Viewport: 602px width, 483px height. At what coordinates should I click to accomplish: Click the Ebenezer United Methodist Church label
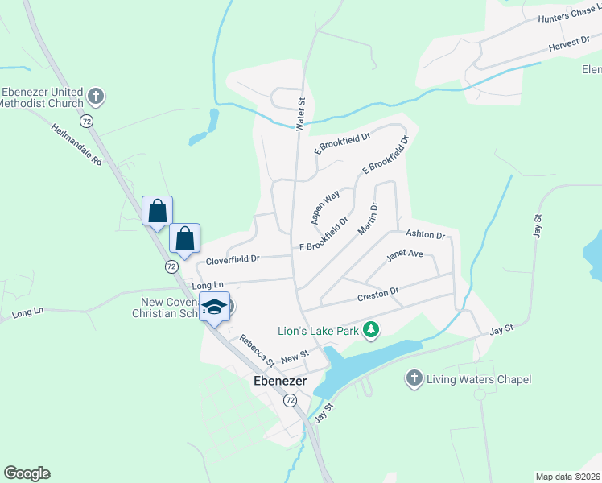point(42,97)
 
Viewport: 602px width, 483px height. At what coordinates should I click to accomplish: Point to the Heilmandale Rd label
point(77,145)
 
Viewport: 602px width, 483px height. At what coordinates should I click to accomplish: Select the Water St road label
point(302,115)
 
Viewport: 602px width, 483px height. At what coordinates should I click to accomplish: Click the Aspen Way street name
point(325,207)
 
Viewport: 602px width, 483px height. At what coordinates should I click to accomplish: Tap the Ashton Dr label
point(425,234)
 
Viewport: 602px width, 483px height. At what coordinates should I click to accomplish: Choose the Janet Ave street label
point(404,254)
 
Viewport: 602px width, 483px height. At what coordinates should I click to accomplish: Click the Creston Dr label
point(378,295)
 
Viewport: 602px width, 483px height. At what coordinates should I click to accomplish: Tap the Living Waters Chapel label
point(479,379)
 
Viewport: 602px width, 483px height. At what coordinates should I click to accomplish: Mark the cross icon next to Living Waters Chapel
point(414,379)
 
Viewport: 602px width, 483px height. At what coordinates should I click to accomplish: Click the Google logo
point(27,473)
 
